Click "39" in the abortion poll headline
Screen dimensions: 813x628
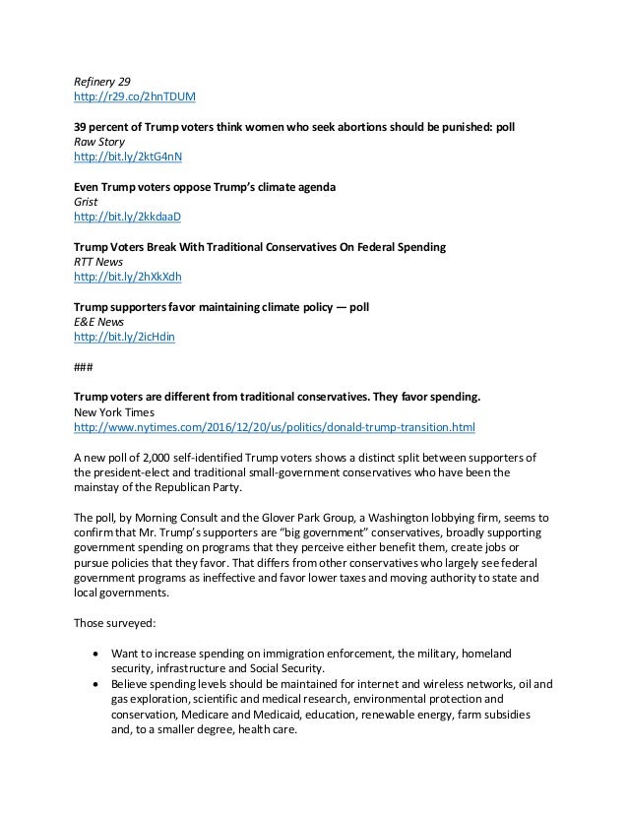pos(83,127)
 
